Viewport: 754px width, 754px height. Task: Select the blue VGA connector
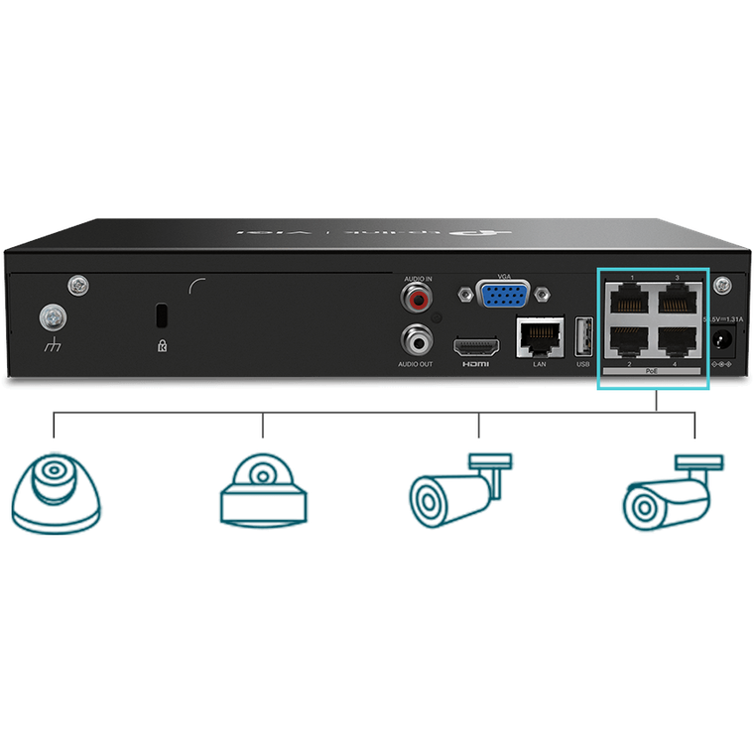click(x=502, y=295)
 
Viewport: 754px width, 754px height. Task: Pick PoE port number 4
click(x=677, y=340)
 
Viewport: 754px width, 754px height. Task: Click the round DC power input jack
click(x=720, y=342)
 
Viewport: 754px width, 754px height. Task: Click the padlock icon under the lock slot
click(x=162, y=346)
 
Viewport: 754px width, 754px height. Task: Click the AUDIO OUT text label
click(x=416, y=365)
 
